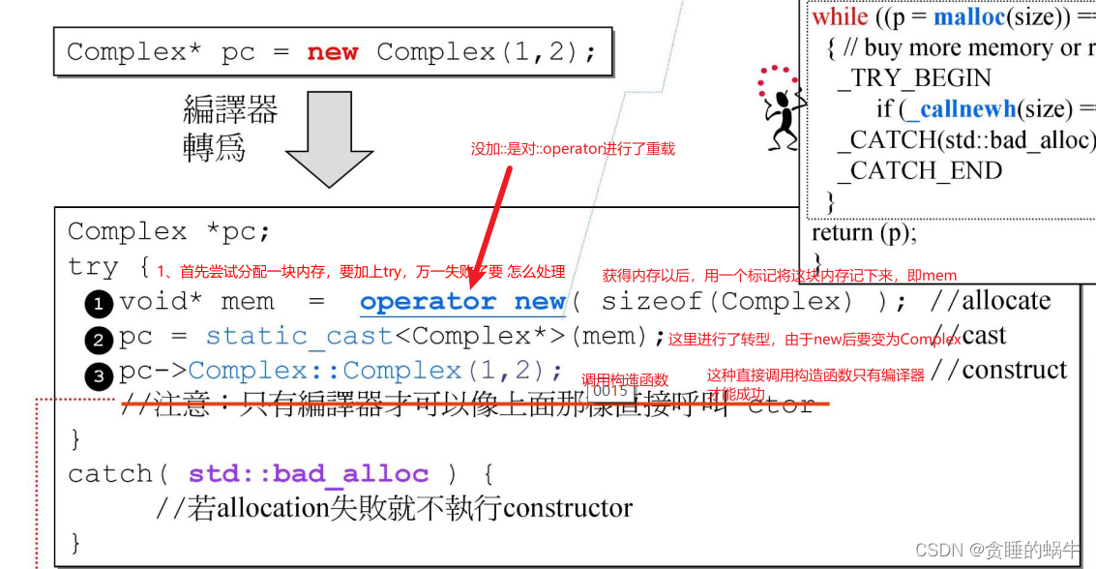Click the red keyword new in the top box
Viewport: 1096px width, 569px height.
point(333,52)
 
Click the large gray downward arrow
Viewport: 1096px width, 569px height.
point(329,141)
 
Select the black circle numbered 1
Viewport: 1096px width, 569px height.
point(99,304)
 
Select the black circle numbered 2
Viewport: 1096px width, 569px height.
point(99,339)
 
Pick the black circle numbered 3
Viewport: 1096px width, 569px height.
point(99,374)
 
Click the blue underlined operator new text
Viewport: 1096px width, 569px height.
point(462,302)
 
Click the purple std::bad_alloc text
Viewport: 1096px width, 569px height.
point(309,474)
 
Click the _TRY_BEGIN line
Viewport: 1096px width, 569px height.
point(920,78)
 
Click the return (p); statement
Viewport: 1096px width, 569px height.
point(864,232)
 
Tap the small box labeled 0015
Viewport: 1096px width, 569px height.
point(611,391)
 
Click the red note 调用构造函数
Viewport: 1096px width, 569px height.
point(625,379)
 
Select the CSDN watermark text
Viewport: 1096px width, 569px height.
point(996,550)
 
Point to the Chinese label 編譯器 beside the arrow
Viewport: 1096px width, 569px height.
point(230,110)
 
